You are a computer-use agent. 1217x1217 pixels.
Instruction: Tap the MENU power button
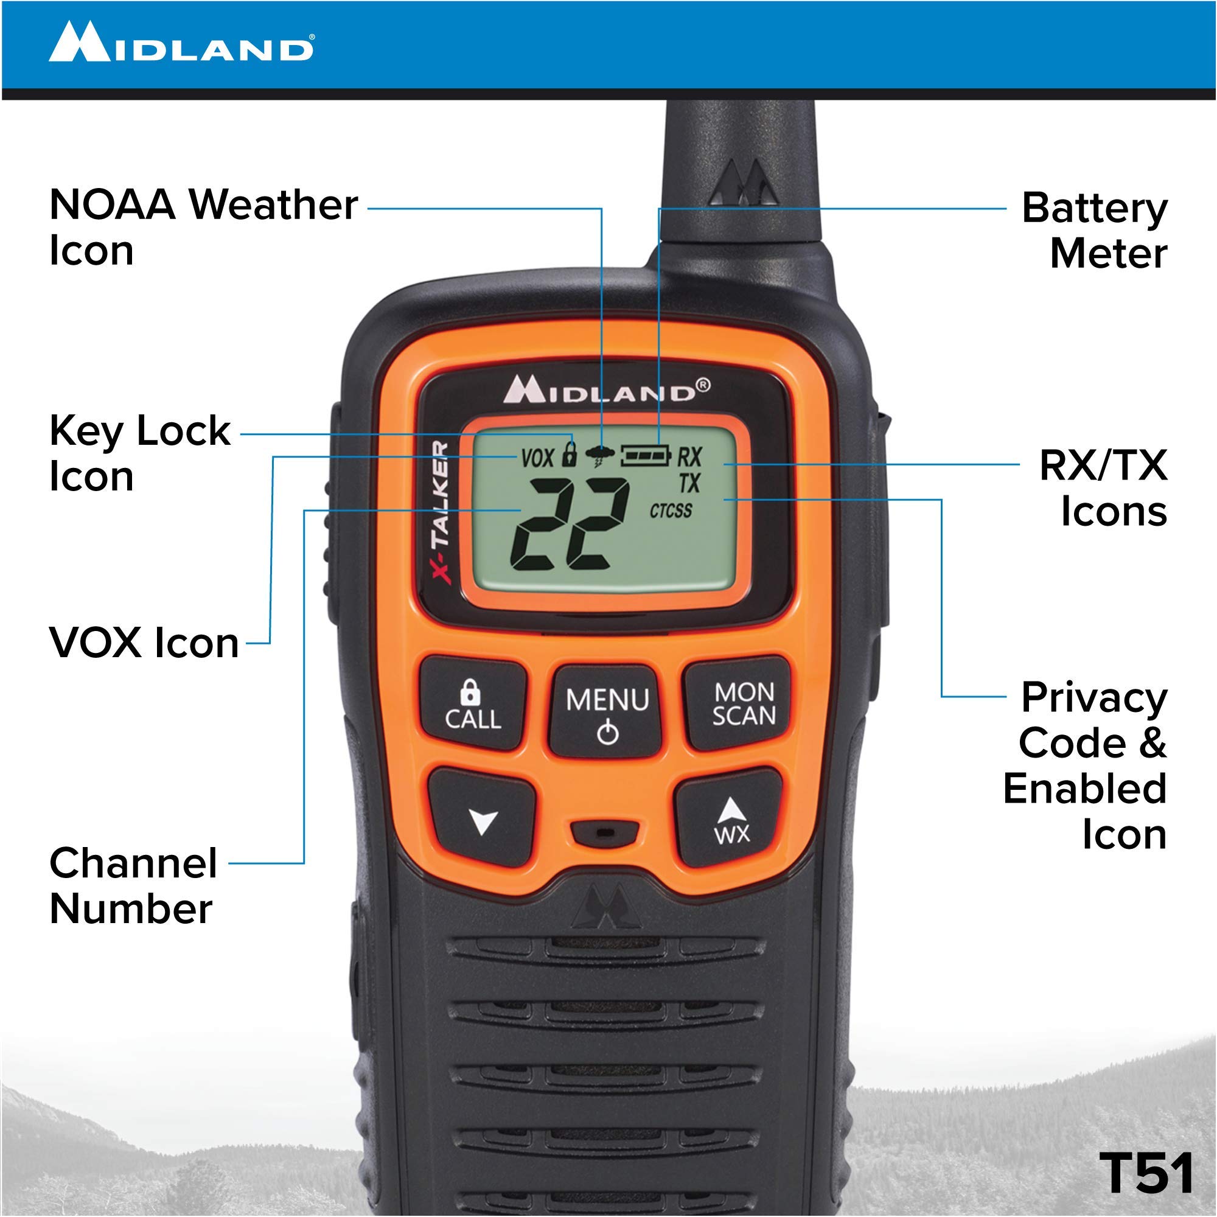[x=607, y=711]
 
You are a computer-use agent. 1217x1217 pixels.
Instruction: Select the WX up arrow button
[x=731, y=819]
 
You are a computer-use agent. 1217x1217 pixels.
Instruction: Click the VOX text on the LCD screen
[x=537, y=458]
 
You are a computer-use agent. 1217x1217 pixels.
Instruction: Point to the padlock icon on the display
[x=569, y=454]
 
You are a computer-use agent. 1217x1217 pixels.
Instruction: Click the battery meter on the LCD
[x=646, y=455]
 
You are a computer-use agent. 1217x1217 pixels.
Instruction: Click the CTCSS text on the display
[x=671, y=511]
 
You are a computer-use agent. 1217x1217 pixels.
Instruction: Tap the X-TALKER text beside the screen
[x=442, y=513]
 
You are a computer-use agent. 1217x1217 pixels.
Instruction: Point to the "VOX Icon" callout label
[x=144, y=643]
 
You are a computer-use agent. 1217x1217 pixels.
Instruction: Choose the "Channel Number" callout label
[x=133, y=885]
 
